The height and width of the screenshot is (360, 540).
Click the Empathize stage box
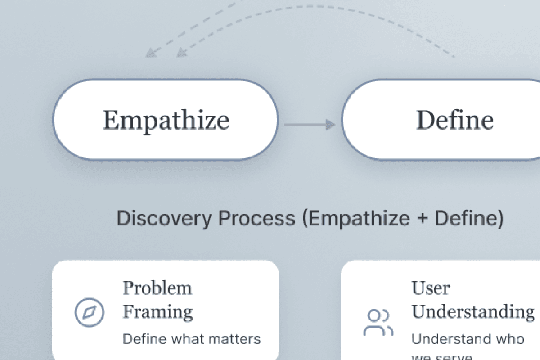pos(166,119)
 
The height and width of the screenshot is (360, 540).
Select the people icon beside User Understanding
pos(378,322)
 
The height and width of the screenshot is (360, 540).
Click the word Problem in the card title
pos(157,288)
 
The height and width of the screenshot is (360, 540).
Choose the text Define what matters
pos(192,338)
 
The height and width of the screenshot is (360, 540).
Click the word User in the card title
pos(431,288)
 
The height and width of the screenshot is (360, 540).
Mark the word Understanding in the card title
pos(473,311)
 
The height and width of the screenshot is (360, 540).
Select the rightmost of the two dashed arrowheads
pos(181,53)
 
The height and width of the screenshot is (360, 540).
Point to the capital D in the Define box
pos(426,120)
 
